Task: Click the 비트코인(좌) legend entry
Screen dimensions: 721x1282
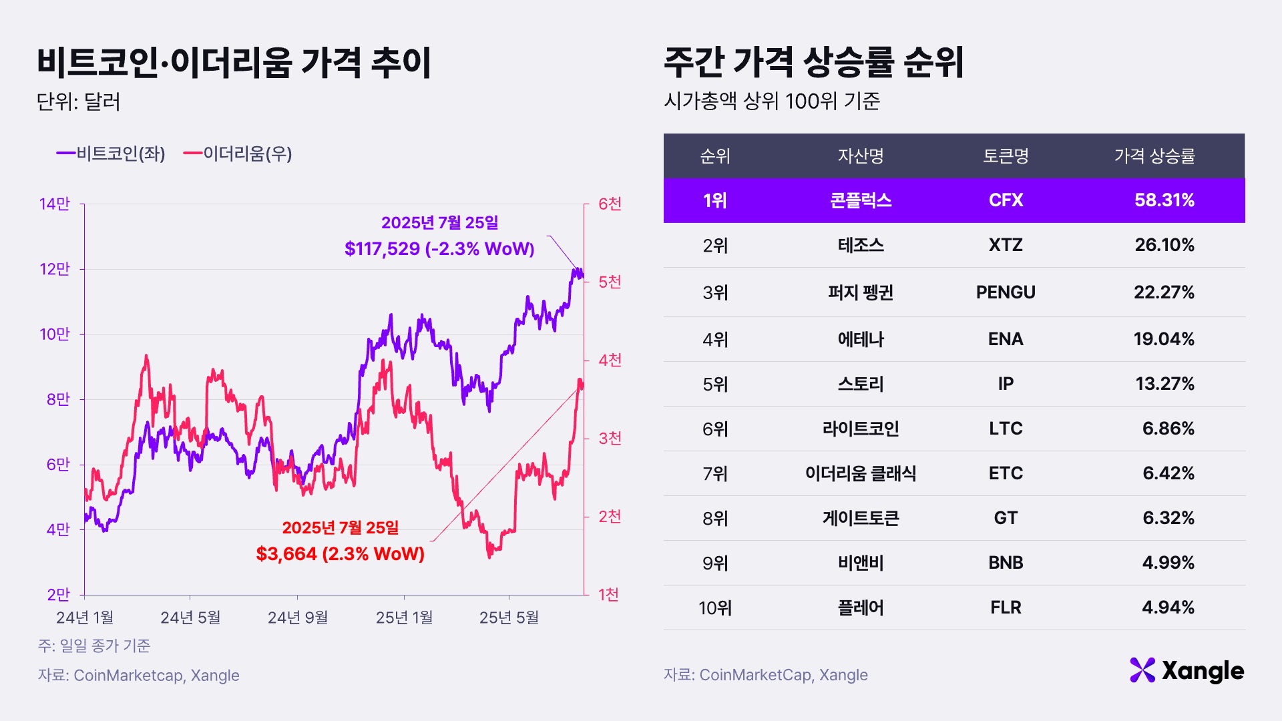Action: point(112,154)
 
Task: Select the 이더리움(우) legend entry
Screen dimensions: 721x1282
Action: point(238,154)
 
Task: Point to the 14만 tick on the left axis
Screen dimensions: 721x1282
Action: point(55,204)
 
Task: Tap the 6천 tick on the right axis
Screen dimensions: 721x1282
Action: point(609,204)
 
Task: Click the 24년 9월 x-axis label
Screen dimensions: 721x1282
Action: point(298,618)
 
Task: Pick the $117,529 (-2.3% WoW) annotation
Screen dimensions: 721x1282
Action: point(439,249)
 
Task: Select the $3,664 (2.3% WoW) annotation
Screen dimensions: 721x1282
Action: point(341,553)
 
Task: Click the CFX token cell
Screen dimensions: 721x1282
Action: point(1006,200)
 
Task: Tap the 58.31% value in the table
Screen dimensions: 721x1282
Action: point(1164,200)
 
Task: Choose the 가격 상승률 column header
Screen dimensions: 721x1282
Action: point(1154,156)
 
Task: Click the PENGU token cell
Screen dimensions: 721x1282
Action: point(1006,292)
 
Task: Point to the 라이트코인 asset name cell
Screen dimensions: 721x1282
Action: point(861,429)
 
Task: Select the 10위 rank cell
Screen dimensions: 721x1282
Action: point(715,608)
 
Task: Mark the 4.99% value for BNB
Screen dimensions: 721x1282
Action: point(1168,563)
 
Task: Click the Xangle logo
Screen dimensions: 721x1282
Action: point(1187,671)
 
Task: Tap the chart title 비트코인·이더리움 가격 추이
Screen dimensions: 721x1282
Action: point(234,63)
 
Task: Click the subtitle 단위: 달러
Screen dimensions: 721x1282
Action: point(79,102)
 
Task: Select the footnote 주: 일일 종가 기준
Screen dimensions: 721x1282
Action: point(94,646)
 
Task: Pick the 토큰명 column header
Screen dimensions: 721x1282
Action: point(1006,156)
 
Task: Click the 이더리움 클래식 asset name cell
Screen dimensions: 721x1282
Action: point(861,473)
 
